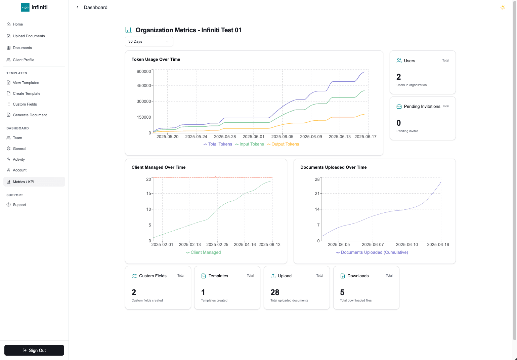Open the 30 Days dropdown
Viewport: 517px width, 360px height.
point(149,41)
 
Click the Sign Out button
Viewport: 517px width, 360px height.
point(34,350)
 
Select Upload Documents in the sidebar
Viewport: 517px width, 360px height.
point(29,36)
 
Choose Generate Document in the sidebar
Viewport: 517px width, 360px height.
point(30,115)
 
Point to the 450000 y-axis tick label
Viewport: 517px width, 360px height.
point(143,85)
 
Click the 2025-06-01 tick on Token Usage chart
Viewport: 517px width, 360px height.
point(253,137)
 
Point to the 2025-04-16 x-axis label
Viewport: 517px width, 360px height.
point(245,245)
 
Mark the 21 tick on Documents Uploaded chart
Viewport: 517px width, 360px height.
point(317,194)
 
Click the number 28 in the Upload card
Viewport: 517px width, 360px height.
point(275,292)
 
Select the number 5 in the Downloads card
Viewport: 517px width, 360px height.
point(342,292)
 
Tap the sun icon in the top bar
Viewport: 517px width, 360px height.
point(503,7)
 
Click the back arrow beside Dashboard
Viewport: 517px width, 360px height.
point(77,7)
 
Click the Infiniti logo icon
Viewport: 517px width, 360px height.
point(25,7)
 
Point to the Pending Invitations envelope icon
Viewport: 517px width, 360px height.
point(399,106)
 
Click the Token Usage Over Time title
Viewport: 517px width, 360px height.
point(156,59)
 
